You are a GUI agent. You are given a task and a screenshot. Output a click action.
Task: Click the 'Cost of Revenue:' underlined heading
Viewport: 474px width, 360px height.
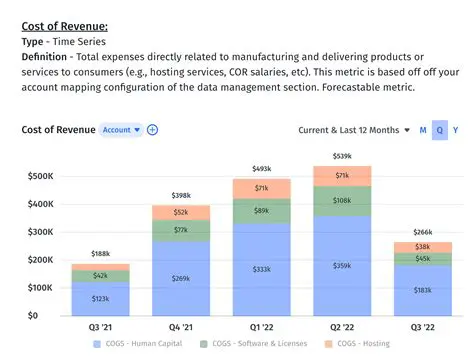(65, 26)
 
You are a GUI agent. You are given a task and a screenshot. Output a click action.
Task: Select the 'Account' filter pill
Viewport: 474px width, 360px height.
(120, 129)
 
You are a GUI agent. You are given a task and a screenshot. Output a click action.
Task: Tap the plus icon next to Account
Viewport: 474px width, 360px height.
(152, 129)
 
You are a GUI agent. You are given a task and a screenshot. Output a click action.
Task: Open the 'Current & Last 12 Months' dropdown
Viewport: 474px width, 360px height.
(354, 130)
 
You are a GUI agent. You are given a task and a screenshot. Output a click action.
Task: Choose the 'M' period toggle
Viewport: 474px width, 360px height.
(423, 130)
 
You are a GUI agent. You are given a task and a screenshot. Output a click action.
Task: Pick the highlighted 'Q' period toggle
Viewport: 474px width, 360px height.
(439, 130)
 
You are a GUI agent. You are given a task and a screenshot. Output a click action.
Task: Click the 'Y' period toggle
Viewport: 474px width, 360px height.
(456, 130)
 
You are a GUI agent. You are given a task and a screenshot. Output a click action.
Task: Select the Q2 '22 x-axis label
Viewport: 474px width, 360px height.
(343, 327)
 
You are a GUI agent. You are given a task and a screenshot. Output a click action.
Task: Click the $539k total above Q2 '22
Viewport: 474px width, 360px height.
(343, 157)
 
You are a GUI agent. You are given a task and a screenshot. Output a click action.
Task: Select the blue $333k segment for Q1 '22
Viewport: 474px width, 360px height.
(261, 269)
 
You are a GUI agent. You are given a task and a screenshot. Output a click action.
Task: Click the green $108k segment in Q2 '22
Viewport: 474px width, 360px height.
(343, 200)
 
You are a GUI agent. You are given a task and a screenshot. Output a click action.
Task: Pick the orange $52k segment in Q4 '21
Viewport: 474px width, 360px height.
(181, 212)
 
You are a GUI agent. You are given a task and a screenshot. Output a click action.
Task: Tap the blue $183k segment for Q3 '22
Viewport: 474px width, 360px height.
(423, 290)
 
